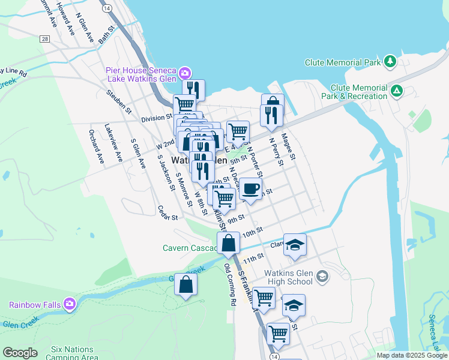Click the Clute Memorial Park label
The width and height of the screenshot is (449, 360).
343,62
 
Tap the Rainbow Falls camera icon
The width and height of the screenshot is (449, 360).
70,304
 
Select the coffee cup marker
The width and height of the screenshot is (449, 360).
250,188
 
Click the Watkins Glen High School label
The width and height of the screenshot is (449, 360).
289,277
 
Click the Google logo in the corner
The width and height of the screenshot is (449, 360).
20,353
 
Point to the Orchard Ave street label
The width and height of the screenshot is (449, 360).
94,141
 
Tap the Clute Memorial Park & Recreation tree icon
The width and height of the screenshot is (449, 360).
396,91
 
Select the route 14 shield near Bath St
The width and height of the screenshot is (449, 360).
106,10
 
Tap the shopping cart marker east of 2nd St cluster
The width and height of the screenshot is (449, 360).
238,130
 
